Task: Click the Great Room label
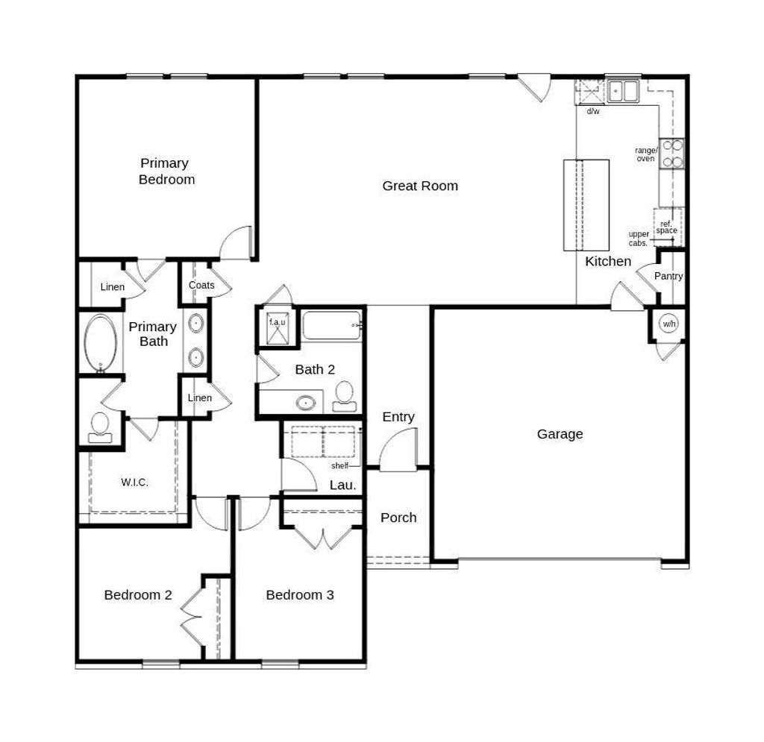(x=420, y=186)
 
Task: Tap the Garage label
(x=560, y=434)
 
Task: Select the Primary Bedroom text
(x=166, y=171)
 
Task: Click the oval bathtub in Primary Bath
(x=101, y=344)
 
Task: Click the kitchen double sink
(x=623, y=91)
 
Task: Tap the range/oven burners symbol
(x=672, y=154)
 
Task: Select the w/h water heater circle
(x=668, y=324)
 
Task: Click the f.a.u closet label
(x=278, y=322)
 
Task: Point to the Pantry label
(x=668, y=276)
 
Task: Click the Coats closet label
(x=201, y=285)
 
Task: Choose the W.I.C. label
(x=134, y=482)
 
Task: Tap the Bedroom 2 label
(x=138, y=594)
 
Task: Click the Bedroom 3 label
(x=300, y=594)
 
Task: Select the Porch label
(x=398, y=518)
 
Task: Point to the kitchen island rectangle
(x=586, y=205)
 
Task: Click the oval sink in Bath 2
(x=305, y=403)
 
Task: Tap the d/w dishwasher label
(x=593, y=111)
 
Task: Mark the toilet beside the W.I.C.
(x=100, y=427)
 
